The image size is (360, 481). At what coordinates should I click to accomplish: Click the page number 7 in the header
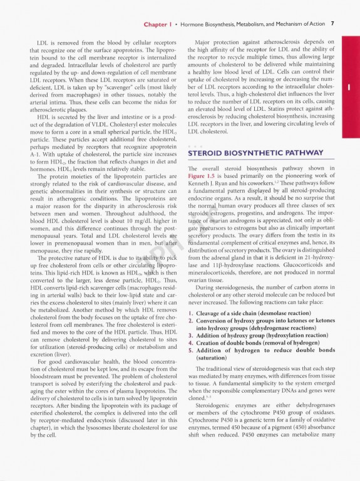pyautogui.click(x=332, y=24)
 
